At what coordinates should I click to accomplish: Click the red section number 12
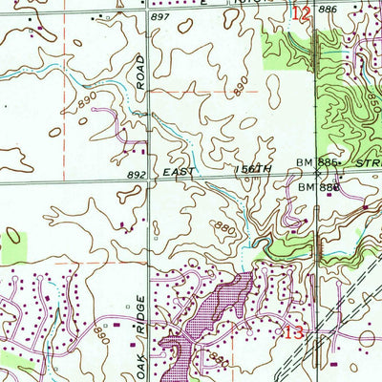(x=302, y=13)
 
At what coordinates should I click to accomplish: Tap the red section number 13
(x=294, y=333)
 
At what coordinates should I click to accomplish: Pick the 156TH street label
(x=254, y=168)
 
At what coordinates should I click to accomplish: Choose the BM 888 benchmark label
(x=318, y=188)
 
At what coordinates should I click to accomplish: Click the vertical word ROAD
(x=140, y=72)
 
